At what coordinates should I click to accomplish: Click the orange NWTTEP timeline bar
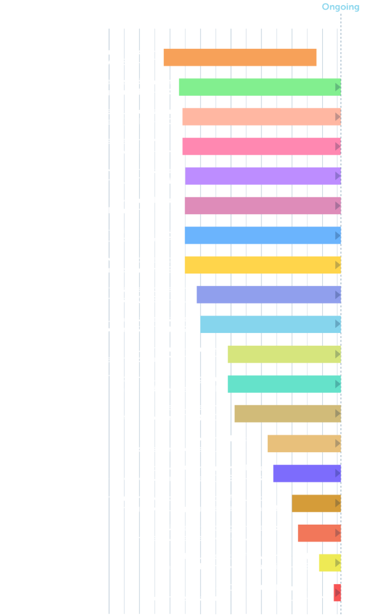pyautogui.click(x=240, y=58)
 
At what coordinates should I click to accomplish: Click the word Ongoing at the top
pyautogui.click(x=340, y=7)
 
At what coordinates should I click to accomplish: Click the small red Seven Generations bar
pyautogui.click(x=337, y=593)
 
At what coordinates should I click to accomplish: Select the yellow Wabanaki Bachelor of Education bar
pyautogui.click(x=329, y=563)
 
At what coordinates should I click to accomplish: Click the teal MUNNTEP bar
pyautogui.click(x=283, y=384)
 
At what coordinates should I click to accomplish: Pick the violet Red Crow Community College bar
pyautogui.click(x=306, y=474)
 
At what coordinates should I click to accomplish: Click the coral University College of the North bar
pyautogui.click(x=318, y=533)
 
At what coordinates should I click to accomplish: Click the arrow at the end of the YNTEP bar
pyautogui.click(x=337, y=354)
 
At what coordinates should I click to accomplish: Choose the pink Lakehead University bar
pyautogui.click(x=260, y=146)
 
